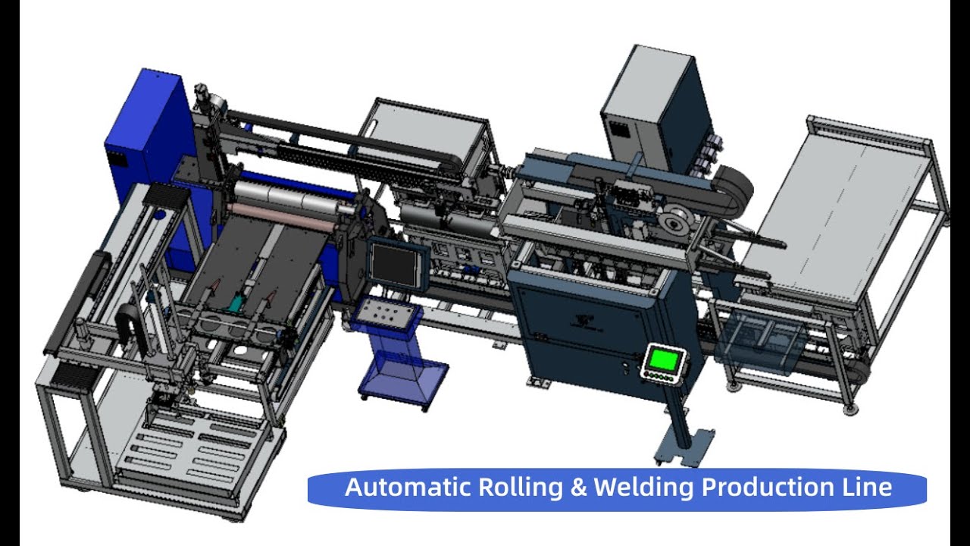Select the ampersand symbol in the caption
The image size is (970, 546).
[578, 487]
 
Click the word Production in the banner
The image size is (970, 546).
[768, 487]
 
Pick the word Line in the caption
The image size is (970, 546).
[867, 487]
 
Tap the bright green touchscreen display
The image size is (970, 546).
[662, 360]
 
